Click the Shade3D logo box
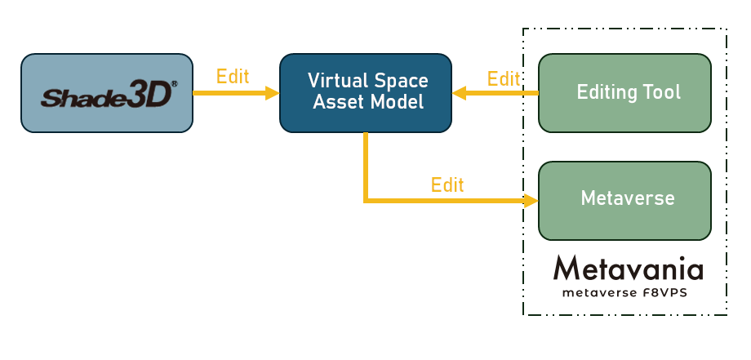(x=107, y=93)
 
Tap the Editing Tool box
(x=624, y=92)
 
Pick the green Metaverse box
(x=624, y=200)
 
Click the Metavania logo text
(x=628, y=269)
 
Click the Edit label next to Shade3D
(x=233, y=77)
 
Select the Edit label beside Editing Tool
(x=504, y=79)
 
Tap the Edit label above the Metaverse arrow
(x=447, y=184)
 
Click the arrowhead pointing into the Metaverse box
(x=532, y=200)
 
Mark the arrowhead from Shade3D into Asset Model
(x=273, y=93)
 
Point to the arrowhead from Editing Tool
(x=459, y=93)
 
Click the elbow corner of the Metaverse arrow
(x=366, y=199)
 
